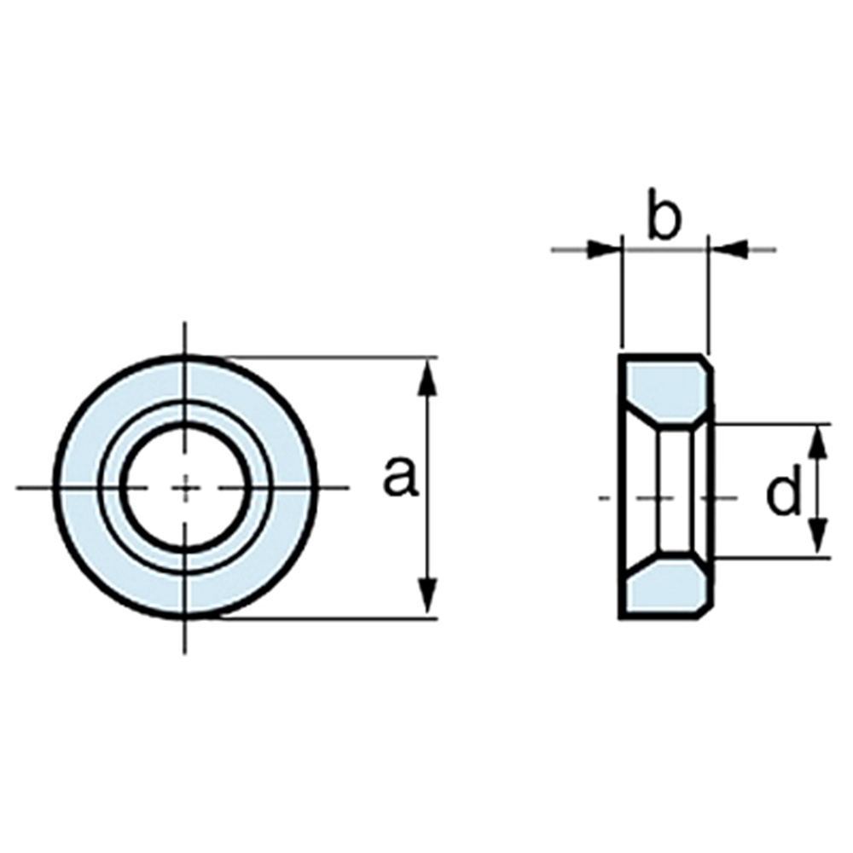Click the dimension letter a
pyautogui.click(x=401, y=478)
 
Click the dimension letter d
pyautogui.click(x=783, y=490)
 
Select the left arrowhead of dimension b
pyautogui.click(x=604, y=250)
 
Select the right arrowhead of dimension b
pyautogui.click(x=729, y=250)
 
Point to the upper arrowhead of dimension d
pyautogui.click(x=820, y=443)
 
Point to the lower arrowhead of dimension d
pyautogui.click(x=820, y=538)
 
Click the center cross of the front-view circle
pyautogui.click(x=185, y=487)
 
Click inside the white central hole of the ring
pyautogui.click(x=185, y=487)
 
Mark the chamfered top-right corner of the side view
pyautogui.click(x=705, y=362)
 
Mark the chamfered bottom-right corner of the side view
pyautogui.click(x=705, y=612)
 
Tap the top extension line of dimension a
pyautogui.click(x=329, y=357)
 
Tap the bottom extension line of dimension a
pyautogui.click(x=329, y=618)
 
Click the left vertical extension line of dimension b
pyautogui.click(x=622, y=292)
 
